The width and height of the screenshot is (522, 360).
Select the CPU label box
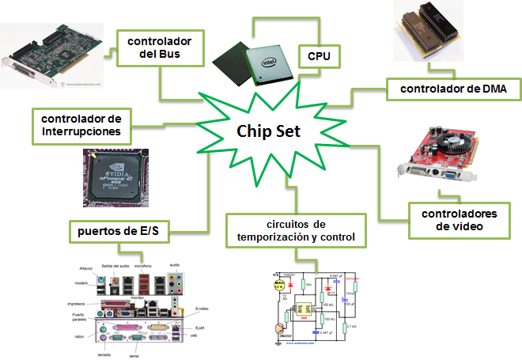pyautogui.click(x=318, y=57)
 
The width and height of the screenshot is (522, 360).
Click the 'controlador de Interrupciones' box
pyautogui.click(x=81, y=124)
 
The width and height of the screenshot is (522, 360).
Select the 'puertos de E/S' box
pyautogui.click(x=119, y=232)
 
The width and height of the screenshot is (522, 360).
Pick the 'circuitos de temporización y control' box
pyautogui.click(x=294, y=229)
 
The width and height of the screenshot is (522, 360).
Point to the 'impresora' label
pyautogui.click(x=76, y=303)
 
